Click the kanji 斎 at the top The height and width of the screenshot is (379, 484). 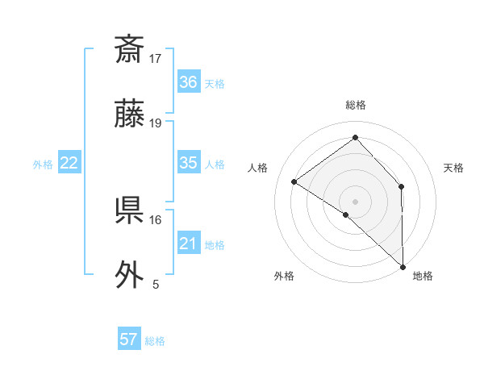pos(129,50)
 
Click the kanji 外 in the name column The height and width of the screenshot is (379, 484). pos(129,275)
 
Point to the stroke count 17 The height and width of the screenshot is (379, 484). pos(156,58)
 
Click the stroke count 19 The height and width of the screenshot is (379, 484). pos(156,123)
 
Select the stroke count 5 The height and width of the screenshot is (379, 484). pos(156,284)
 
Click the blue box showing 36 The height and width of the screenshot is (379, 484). pos(189,82)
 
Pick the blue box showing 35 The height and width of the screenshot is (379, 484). pos(189,163)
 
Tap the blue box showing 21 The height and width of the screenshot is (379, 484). pos(189,244)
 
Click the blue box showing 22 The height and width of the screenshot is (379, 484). pos(69,163)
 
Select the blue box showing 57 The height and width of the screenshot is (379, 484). pos(129,339)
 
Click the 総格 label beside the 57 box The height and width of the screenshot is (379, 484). pos(155,341)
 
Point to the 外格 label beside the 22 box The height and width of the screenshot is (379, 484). pos(43,165)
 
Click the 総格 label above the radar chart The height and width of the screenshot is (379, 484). pos(355,105)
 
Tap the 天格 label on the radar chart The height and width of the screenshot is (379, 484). pos(454,168)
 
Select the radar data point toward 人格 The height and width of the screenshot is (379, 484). pos(294,181)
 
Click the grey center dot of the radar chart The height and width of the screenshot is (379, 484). pos(355,201)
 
